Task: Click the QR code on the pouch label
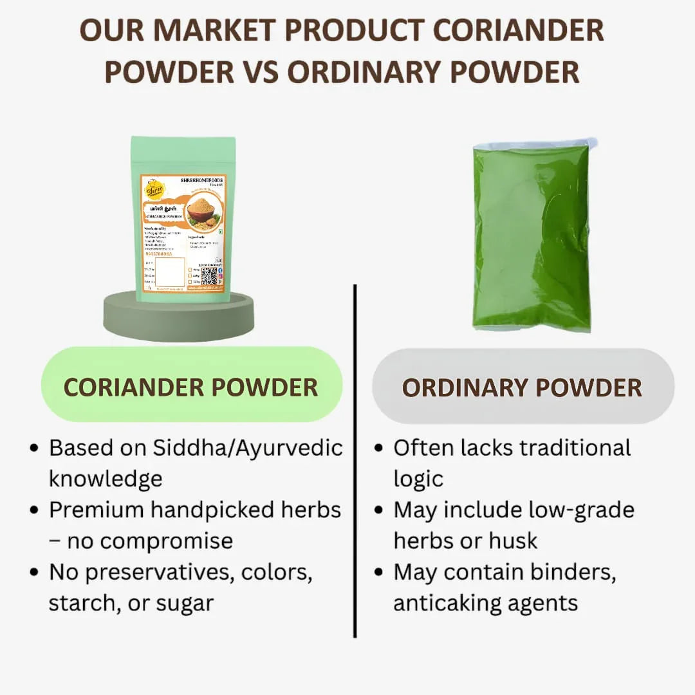(209, 275)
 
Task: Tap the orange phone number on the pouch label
(160, 254)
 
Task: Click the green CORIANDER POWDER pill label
(191, 387)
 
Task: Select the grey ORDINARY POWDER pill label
(523, 387)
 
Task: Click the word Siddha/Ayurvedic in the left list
(248, 448)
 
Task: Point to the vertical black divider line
(355, 460)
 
